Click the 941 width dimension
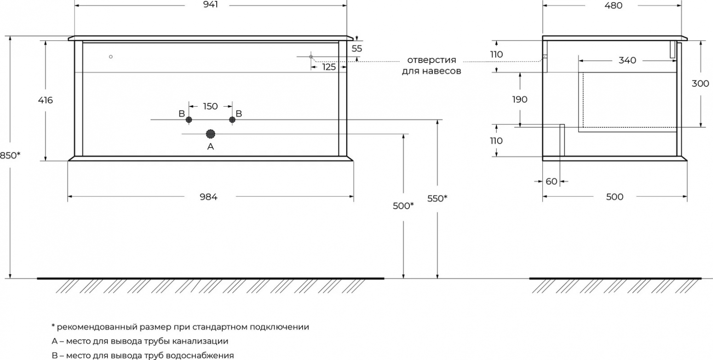(210, 5)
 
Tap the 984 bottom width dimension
(208, 197)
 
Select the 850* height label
(10, 155)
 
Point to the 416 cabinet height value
(46, 100)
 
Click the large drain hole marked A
(210, 134)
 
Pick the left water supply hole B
(189, 120)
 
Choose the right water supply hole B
(232, 120)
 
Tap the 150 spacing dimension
(210, 106)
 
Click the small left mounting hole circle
(111, 57)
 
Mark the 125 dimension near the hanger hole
(329, 67)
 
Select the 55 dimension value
(357, 49)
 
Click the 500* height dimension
(403, 206)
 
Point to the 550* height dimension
(437, 199)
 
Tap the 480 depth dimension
(613, 6)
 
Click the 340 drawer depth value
(627, 60)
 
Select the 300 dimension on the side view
(700, 83)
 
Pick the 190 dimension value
(520, 100)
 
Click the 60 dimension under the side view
(552, 181)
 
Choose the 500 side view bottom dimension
(615, 197)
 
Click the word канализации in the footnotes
(200, 341)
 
